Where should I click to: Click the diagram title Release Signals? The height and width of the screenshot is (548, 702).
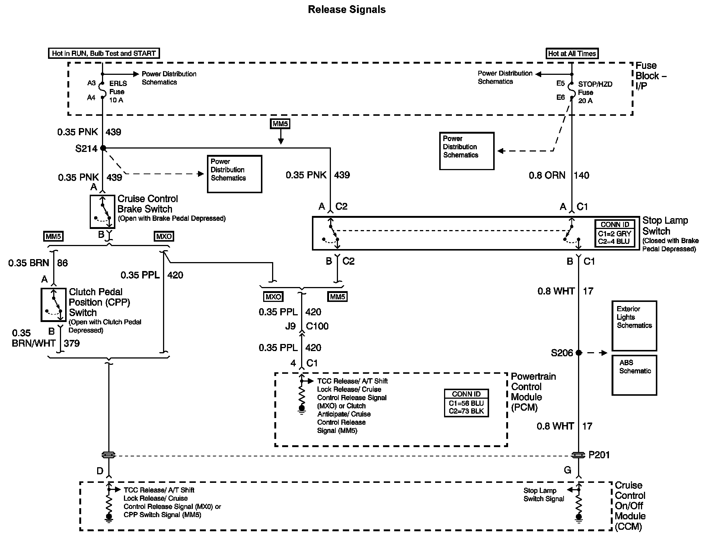(347, 10)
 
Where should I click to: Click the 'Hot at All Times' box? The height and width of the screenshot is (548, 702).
(572, 54)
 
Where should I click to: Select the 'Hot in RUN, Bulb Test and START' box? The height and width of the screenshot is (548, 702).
(104, 53)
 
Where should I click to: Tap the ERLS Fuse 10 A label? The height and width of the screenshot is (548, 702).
(118, 92)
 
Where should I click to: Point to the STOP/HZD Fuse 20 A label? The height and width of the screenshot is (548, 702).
(594, 92)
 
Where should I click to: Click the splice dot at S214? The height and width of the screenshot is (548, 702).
(103, 149)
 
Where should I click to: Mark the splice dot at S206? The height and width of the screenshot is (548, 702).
(578, 353)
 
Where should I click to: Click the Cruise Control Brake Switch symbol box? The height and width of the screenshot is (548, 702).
(102, 211)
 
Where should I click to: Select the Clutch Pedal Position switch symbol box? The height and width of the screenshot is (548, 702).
(53, 305)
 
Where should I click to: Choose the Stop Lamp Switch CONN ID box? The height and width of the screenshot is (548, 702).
(615, 233)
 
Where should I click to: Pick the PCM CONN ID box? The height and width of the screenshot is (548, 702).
(466, 403)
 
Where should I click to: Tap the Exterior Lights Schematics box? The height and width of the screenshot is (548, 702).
(634, 326)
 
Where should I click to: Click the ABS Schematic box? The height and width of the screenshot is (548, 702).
(634, 375)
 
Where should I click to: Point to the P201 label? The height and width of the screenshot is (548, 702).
(599, 455)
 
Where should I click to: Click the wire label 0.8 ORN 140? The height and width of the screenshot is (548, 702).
(559, 175)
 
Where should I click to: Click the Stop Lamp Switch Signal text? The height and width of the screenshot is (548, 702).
(543, 495)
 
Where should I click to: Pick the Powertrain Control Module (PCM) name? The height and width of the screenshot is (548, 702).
(533, 392)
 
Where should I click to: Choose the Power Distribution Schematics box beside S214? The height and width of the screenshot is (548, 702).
(234, 174)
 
